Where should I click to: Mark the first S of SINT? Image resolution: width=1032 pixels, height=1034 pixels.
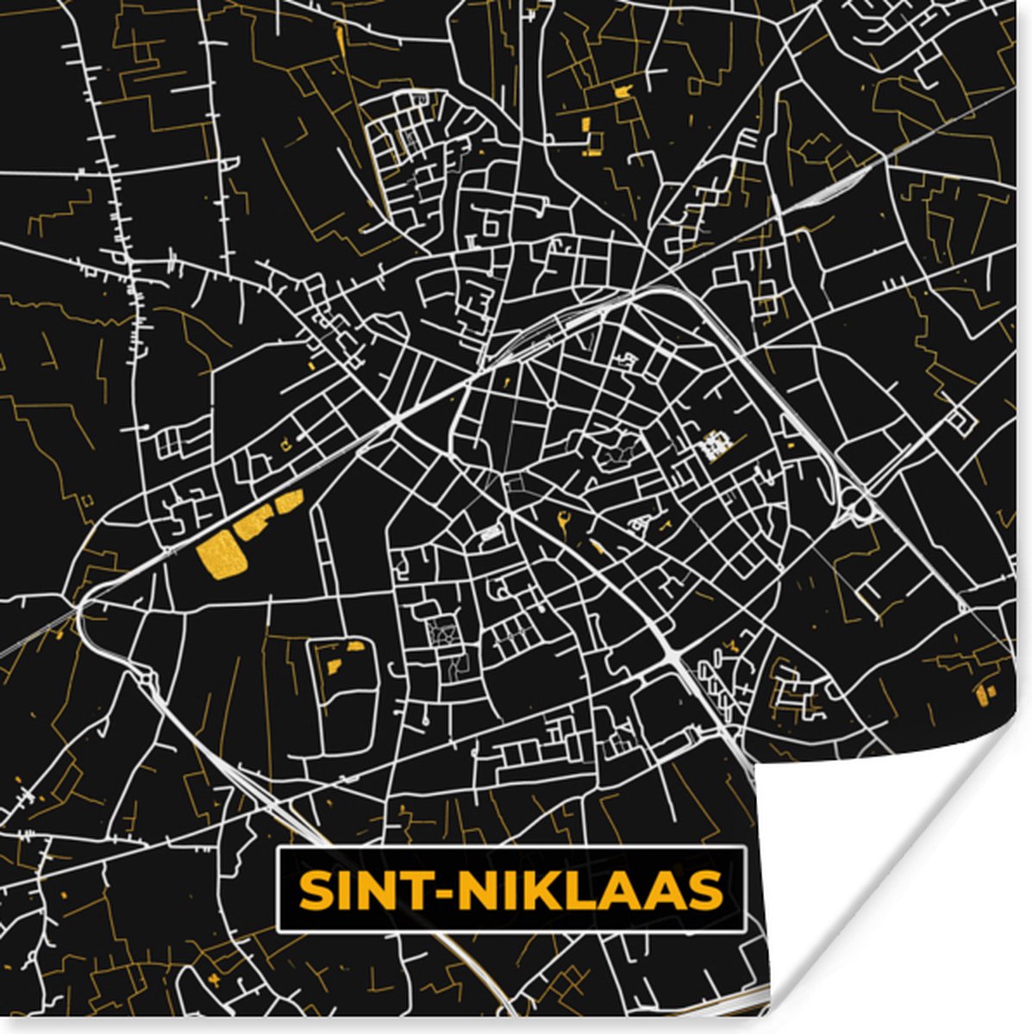pyautogui.click(x=313, y=891)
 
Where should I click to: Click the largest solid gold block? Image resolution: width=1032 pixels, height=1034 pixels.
pyautogui.click(x=221, y=555)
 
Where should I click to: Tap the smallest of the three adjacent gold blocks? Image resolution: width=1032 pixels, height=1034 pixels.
pyautogui.click(x=290, y=500)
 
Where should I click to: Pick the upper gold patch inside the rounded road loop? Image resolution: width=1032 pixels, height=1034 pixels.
pyautogui.click(x=355, y=645)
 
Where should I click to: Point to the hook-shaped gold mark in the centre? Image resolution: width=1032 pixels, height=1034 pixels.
pyautogui.click(x=565, y=520)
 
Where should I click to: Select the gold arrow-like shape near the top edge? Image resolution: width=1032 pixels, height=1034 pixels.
pyautogui.click(x=622, y=89)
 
